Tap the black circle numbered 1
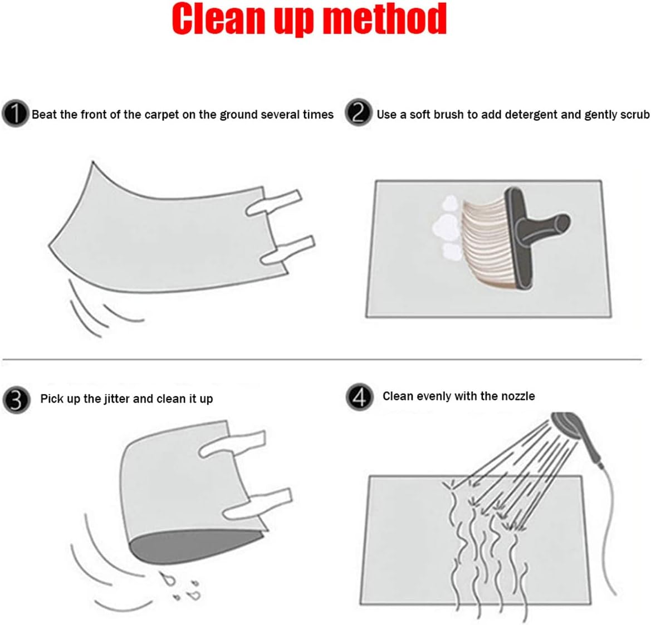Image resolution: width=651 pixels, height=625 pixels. (x=16, y=114)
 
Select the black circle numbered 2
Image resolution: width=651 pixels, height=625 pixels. (x=358, y=112)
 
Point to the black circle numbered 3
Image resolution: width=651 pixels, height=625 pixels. (x=16, y=401)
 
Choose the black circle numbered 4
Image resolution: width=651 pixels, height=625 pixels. (x=360, y=397)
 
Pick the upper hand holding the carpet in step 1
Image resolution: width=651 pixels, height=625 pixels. (x=274, y=203)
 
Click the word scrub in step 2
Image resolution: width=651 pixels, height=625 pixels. (x=635, y=115)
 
